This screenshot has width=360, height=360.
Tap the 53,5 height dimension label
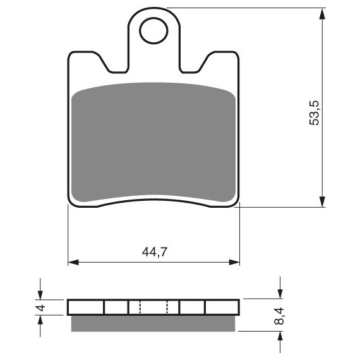[x=314, y=112]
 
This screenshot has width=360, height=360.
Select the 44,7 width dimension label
[x=155, y=252]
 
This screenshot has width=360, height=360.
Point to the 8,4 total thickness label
[x=279, y=316]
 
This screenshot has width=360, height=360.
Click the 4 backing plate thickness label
[x=41, y=308]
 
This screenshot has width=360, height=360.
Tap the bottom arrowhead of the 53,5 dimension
[x=322, y=201]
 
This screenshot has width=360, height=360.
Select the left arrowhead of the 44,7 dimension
[x=73, y=262]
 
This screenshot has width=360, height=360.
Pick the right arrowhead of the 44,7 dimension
[x=234, y=262]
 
